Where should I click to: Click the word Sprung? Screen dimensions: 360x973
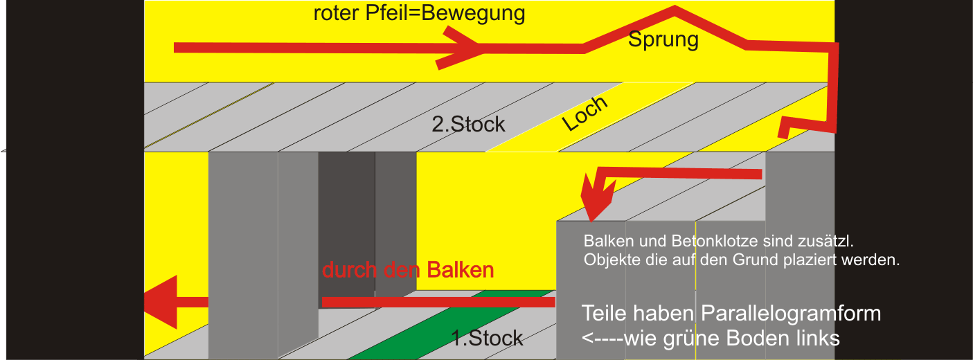[x=663, y=40]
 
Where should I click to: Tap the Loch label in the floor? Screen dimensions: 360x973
[x=585, y=114]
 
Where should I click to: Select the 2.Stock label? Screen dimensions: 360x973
[x=468, y=125]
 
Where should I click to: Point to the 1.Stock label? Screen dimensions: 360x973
[x=487, y=339]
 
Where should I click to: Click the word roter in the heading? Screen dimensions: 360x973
[x=337, y=14]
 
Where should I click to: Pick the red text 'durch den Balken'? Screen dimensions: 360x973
[x=408, y=270]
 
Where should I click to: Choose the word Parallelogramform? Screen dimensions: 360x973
[x=791, y=313]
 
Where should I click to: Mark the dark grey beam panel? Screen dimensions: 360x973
[x=346, y=228]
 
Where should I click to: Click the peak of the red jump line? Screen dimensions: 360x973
[x=674, y=10]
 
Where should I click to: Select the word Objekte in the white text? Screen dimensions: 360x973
[x=608, y=261]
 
